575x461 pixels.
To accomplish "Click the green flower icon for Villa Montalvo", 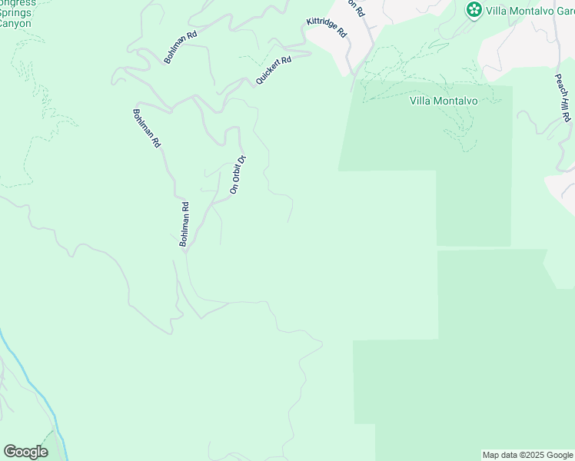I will tap(474, 10).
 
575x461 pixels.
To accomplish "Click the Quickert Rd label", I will tap(274, 71).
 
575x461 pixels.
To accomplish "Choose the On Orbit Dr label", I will tap(237, 174).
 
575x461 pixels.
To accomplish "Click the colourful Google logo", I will tap(25, 452).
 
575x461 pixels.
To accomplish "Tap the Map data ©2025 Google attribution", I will tap(527, 455).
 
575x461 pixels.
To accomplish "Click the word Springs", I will tap(16, 12).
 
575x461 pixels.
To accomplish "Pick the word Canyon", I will tap(15, 23).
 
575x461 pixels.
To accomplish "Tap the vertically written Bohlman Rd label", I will tap(184, 224).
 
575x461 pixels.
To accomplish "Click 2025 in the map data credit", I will tap(523, 455).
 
